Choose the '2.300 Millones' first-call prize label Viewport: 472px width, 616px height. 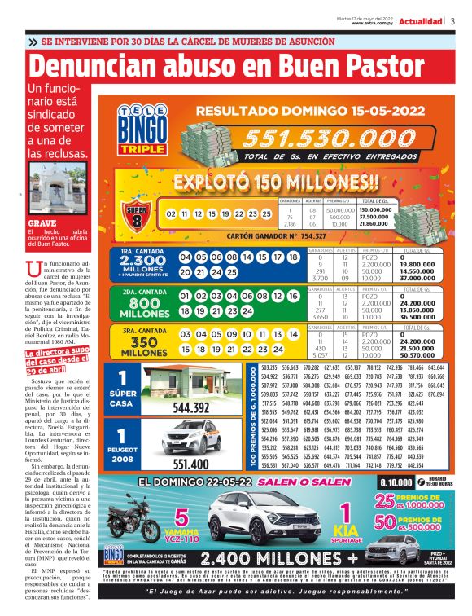[x=138, y=265]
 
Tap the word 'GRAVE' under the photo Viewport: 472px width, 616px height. [x=42, y=222]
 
